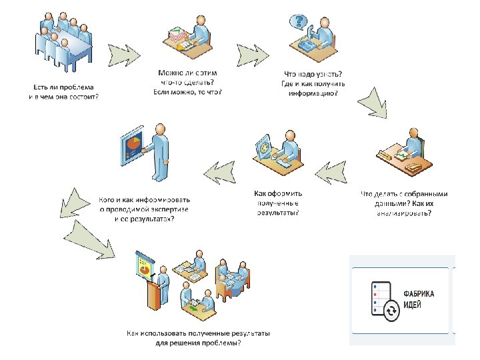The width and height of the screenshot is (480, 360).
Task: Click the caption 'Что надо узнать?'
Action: click(x=313, y=74)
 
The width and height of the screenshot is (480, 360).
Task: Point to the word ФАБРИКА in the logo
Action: click(x=419, y=293)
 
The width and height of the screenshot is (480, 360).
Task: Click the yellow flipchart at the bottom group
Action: click(x=143, y=267)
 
